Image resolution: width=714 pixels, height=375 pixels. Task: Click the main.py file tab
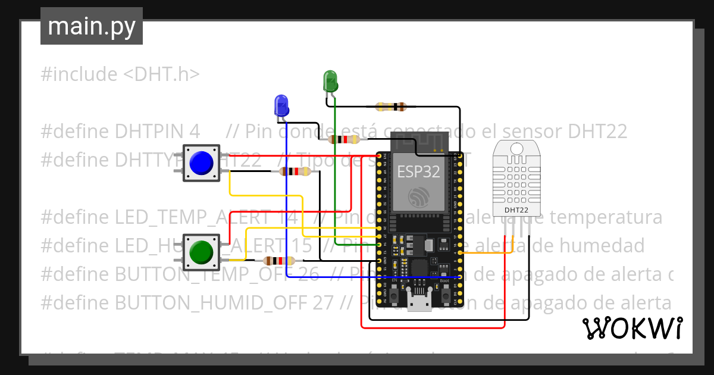click(91, 26)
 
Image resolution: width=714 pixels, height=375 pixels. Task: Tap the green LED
click(330, 82)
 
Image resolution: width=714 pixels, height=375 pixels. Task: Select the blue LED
click(281, 105)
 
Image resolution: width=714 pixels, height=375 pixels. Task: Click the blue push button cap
click(201, 162)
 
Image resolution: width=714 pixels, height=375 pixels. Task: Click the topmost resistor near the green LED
click(391, 107)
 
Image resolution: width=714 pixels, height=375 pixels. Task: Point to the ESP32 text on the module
click(418, 172)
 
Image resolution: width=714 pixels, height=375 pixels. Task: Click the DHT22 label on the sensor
click(516, 210)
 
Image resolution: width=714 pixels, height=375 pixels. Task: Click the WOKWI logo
click(631, 328)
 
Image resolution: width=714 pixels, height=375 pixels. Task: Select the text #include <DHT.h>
click(120, 74)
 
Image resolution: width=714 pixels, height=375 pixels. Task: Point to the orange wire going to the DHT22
click(485, 253)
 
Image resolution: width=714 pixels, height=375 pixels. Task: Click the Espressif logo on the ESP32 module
click(419, 197)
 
